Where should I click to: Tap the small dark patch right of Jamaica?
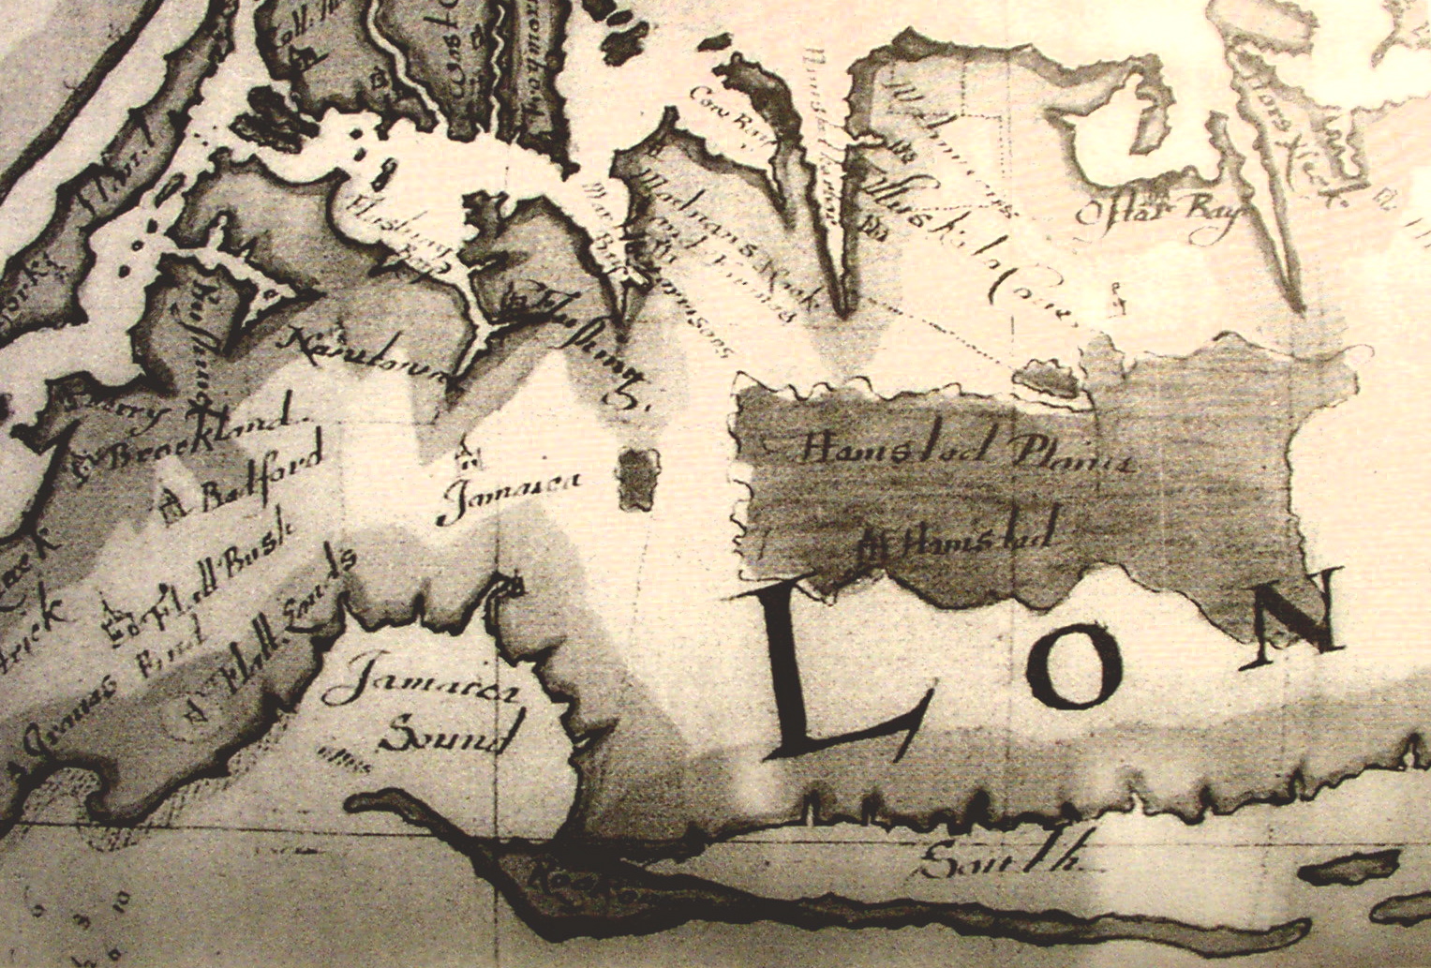pyautogui.click(x=639, y=478)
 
